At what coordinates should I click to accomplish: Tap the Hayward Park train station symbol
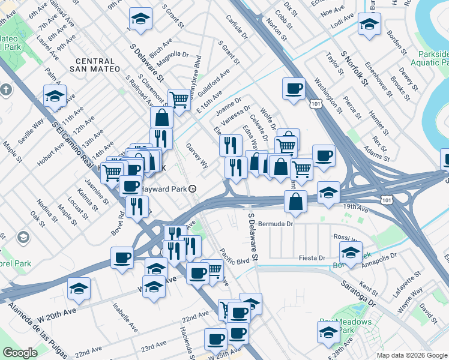(192, 188)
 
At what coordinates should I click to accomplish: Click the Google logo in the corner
(20, 353)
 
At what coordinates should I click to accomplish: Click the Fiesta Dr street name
(312, 257)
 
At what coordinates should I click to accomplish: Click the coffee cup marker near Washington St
(294, 89)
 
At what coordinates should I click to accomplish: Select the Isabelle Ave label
(125, 311)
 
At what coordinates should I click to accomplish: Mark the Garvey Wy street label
(196, 155)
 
